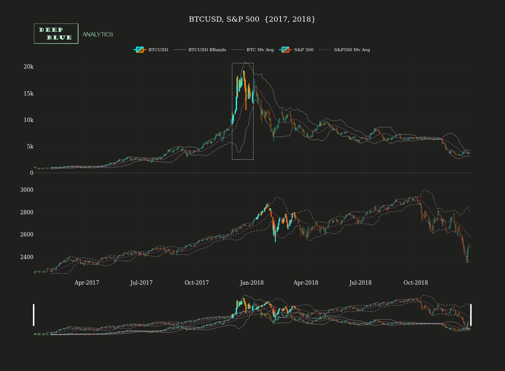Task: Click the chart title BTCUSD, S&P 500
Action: click(252, 20)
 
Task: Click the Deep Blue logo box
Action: click(56, 33)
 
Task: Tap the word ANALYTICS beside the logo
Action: click(98, 34)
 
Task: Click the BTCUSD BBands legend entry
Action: click(200, 50)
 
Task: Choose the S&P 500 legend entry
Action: click(297, 50)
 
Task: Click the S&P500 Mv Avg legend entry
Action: click(345, 50)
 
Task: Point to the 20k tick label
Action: click(29, 67)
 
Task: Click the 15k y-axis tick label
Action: click(29, 93)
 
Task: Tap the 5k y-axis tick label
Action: click(30, 147)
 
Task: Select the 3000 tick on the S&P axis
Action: click(27, 190)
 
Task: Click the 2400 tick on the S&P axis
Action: click(27, 257)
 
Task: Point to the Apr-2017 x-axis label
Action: click(87, 283)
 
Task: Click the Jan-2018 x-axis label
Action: click(252, 283)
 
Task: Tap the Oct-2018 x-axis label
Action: click(416, 283)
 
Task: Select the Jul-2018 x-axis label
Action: click(360, 283)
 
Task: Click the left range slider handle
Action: click(34, 315)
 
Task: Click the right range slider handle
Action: click(471, 315)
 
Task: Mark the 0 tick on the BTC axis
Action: click(32, 173)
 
